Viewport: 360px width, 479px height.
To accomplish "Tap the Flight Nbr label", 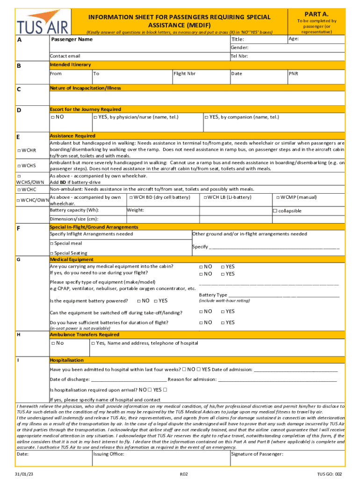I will coord(185,74).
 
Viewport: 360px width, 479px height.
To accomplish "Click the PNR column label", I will coord(293,74).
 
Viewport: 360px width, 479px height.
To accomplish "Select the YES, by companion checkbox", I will coord(207,117).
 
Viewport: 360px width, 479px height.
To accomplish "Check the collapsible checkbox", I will coord(275,211).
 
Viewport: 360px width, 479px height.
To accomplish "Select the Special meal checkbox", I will coord(52,243).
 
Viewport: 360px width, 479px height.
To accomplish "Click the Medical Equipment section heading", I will coord(72,259).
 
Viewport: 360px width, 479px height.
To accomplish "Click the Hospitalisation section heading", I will coord(67,360).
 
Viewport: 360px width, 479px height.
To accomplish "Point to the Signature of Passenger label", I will coord(257,454).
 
